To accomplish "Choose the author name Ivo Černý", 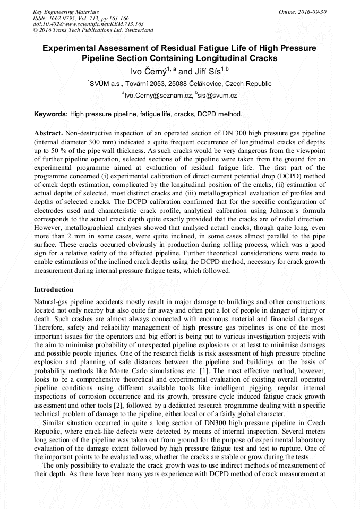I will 148,71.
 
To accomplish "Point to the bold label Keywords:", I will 51,114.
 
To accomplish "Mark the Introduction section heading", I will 54,290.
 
